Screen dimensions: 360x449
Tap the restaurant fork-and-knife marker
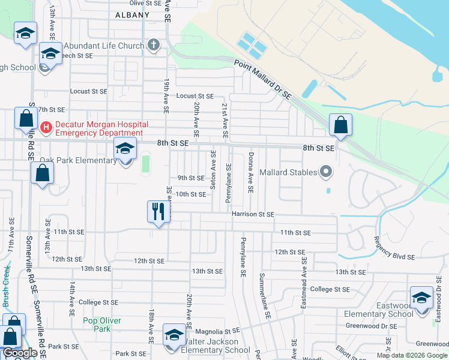click(158, 211)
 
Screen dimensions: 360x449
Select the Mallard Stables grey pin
click(326, 172)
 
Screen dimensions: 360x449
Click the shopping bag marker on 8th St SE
click(340, 125)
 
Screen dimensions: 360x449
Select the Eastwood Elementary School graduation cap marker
click(421, 298)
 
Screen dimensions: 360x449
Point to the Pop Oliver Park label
click(97, 325)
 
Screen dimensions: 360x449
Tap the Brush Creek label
click(7, 287)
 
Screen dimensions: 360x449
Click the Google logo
click(20, 353)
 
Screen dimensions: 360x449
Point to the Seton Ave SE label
click(213, 170)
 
